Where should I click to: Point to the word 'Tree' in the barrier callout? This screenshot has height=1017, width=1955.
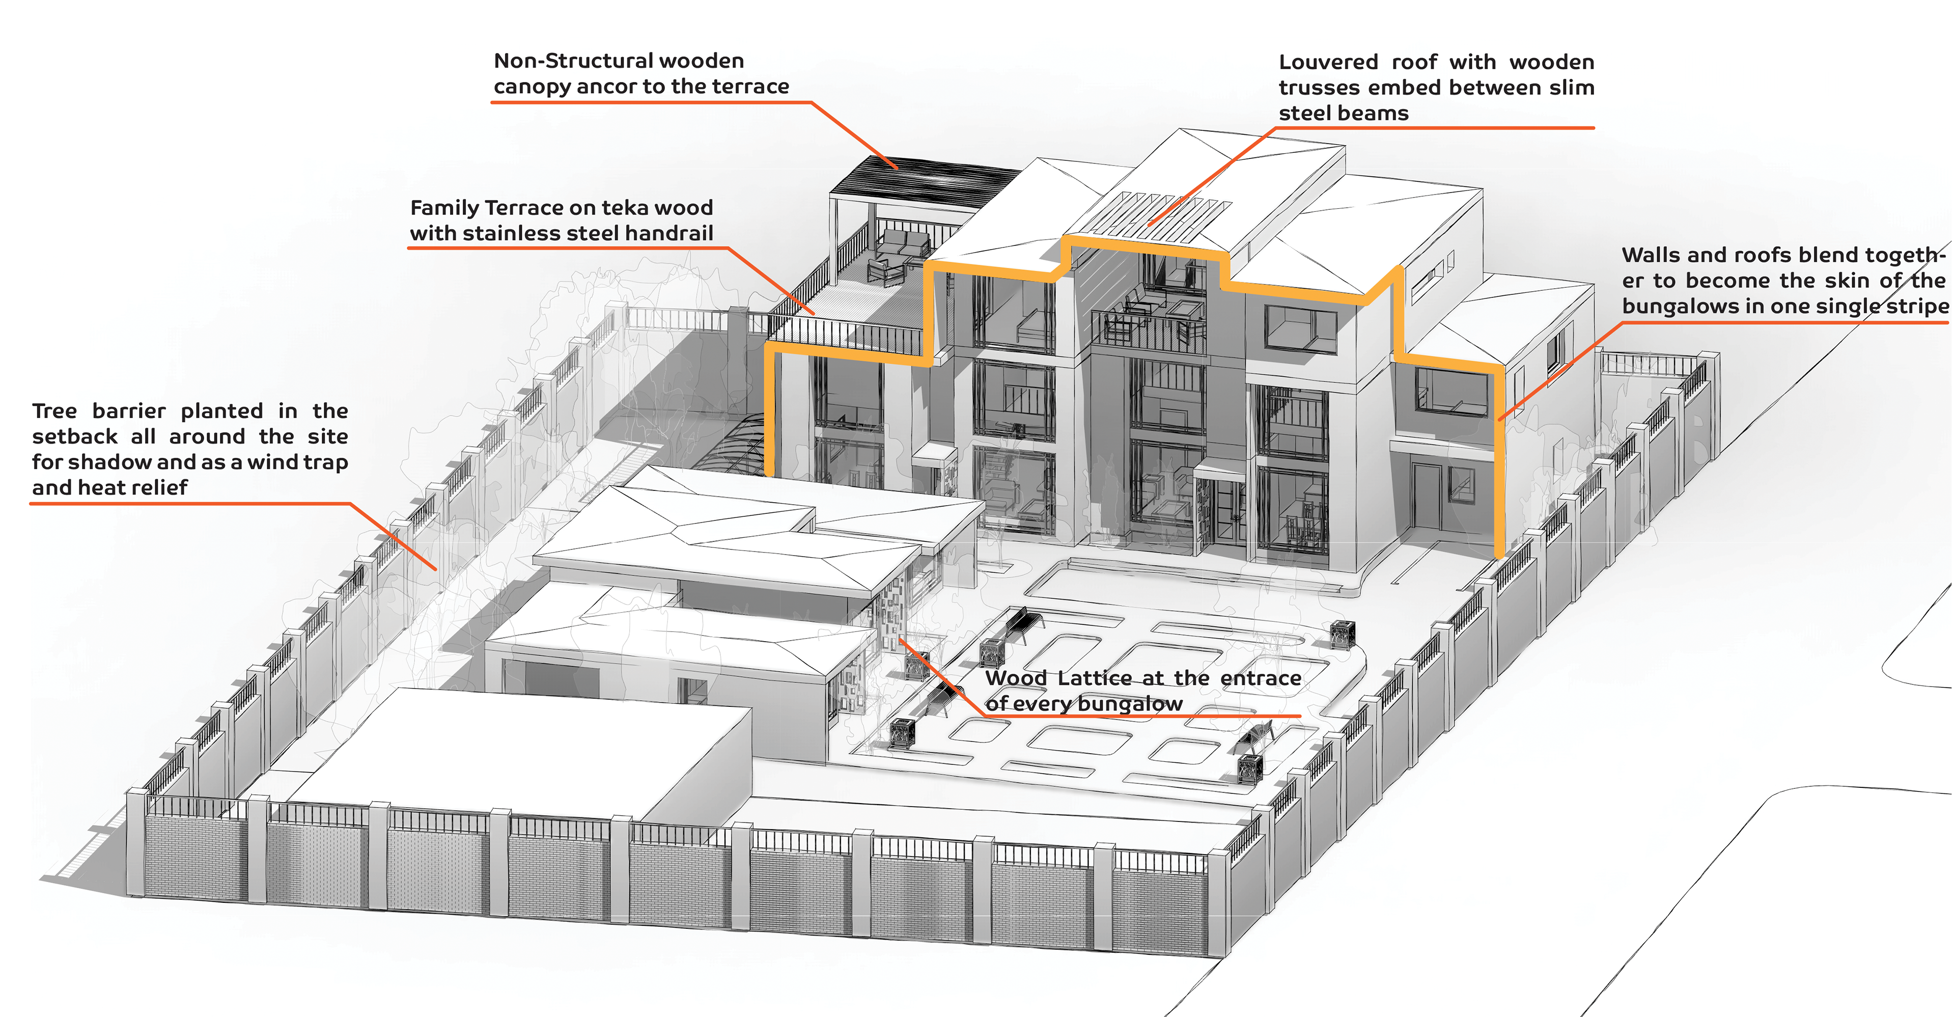pos(54,411)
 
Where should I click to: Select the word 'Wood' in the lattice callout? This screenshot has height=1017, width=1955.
pos(1016,678)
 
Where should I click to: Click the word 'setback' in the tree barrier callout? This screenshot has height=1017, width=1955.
pos(74,437)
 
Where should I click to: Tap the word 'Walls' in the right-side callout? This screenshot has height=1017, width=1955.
pos(1649,255)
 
